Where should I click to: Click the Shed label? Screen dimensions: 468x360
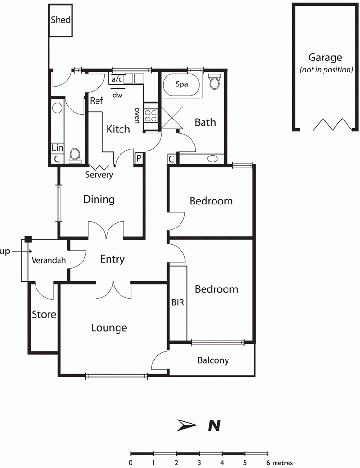pos(61,20)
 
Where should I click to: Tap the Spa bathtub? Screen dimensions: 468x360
pos(181,85)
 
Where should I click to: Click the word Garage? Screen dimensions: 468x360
pos(325,58)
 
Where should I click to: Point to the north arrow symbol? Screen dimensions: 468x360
pos(186,425)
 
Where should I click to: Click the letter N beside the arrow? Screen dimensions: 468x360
pos(214,425)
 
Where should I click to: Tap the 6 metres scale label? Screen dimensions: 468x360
pos(279,463)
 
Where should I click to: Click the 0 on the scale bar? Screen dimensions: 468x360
pos(131,463)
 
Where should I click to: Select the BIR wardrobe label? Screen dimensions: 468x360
pos(178,303)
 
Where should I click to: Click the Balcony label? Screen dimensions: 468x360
pos(213,360)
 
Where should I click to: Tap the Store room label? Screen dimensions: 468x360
pos(44,315)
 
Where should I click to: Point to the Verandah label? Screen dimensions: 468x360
pos(48,261)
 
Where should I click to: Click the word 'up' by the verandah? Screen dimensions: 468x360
pos(5,251)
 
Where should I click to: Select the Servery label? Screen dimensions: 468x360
pos(99,175)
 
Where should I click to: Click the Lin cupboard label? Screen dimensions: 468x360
pos(57,148)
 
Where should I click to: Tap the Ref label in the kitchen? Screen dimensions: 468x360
pos(96,101)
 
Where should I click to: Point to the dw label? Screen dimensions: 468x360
pos(118,95)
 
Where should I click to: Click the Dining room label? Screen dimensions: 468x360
pos(99,199)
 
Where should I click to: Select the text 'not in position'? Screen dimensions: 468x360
pos(326,70)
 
